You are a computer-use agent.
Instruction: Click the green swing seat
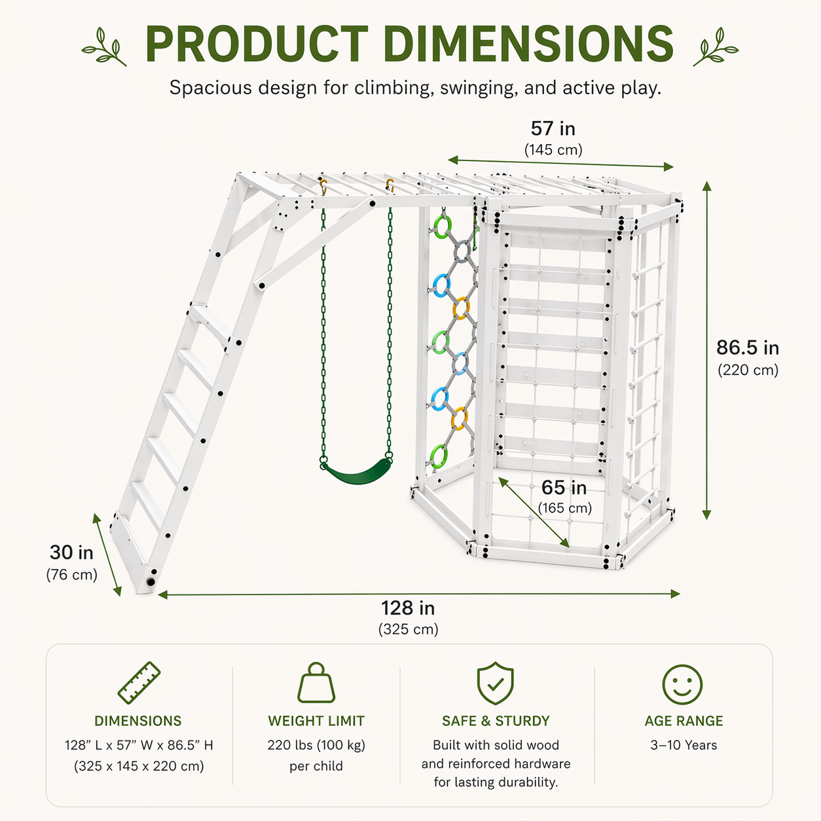[x=356, y=470]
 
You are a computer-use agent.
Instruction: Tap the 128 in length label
[x=408, y=608]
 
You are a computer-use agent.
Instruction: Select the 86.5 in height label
[x=747, y=348]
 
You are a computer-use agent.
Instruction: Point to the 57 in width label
[x=553, y=128]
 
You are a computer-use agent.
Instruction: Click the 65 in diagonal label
[x=564, y=488]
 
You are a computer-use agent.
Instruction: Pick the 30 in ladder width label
[x=71, y=553]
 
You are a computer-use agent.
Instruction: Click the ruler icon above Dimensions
[x=139, y=684]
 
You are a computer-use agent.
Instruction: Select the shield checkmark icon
[x=496, y=684]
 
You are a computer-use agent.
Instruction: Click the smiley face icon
[x=682, y=685]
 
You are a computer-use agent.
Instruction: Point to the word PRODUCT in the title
[x=257, y=45]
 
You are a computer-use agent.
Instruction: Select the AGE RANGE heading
[x=684, y=721]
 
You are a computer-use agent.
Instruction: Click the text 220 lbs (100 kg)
[x=316, y=745]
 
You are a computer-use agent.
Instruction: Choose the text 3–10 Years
[x=684, y=745]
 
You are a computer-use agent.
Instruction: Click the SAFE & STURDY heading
[x=496, y=721]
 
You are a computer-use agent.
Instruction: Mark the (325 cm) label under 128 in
[x=408, y=629]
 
